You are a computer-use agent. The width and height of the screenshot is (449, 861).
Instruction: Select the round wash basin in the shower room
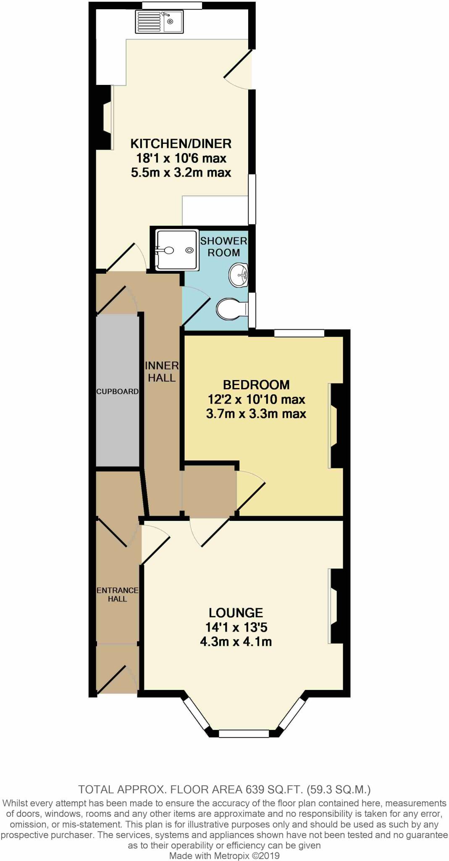point(239,275)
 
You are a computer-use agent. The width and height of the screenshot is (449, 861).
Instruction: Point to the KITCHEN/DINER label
point(181,144)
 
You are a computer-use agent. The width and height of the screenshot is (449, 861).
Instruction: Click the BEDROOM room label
point(256,385)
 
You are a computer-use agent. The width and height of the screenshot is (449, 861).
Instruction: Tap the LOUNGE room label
point(236,613)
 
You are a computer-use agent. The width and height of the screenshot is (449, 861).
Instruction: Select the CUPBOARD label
point(117,391)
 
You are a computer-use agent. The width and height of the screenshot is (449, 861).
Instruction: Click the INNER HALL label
point(162,372)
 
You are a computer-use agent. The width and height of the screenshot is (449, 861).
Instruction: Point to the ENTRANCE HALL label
point(117,594)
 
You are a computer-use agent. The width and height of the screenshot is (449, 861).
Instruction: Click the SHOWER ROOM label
point(223,247)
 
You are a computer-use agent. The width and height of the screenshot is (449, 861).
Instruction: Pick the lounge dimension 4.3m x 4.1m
point(236,642)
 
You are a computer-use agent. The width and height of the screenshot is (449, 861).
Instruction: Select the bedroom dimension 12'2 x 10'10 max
point(256,399)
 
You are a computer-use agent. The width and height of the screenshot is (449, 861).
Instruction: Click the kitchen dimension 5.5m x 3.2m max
point(181,173)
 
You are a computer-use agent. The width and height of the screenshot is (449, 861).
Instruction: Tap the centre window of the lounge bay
point(244,734)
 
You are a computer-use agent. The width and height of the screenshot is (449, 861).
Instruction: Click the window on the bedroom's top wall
point(299,333)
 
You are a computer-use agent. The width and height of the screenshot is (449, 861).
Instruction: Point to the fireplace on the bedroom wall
point(337,425)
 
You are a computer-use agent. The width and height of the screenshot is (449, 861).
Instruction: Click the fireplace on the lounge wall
point(337,606)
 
